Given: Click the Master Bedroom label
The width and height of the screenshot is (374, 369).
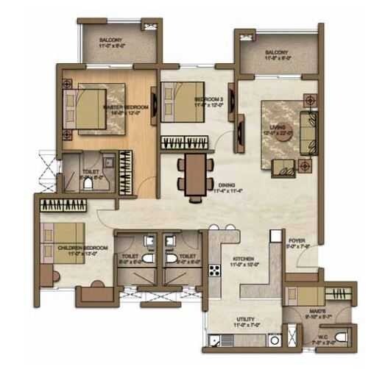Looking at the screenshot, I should (x=125, y=108).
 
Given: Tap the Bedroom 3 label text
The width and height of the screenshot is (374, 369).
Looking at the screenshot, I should (x=208, y=99).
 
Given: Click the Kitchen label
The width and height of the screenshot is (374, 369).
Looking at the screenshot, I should (x=244, y=260).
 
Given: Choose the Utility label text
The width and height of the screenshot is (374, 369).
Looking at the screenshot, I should (x=244, y=320).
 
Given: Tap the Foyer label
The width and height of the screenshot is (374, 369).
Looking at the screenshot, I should (x=296, y=240).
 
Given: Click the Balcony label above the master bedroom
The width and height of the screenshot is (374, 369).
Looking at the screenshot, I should (x=112, y=40).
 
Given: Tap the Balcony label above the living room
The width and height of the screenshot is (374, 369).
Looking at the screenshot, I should (x=277, y=53).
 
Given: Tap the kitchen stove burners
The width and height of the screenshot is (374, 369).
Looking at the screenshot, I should (x=214, y=270).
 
